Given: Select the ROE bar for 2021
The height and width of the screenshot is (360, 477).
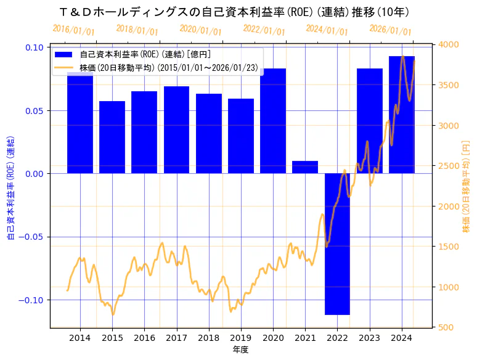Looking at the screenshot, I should pos(305,167).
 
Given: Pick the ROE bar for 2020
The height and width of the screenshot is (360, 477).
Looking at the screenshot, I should pos(273,121).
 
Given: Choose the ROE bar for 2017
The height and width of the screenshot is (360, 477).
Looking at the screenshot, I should pos(176,129).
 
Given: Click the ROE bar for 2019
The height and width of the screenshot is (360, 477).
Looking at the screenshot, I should pos(241,136).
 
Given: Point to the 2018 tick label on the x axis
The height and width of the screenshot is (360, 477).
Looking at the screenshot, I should pos(208,338).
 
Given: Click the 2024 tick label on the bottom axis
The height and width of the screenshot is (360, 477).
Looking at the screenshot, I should pos(402,338).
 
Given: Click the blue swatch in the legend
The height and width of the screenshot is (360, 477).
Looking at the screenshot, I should pos(63,54).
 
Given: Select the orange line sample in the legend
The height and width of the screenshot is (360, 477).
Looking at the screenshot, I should pos(63,67).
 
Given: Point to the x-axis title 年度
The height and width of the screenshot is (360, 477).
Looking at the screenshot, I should pos(240,350).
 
